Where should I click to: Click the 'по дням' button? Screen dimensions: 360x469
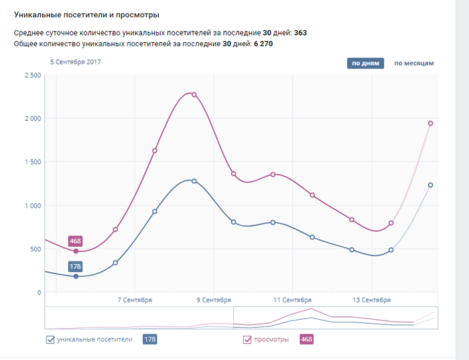[365, 64]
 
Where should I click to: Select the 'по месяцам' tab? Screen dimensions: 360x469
[414, 64]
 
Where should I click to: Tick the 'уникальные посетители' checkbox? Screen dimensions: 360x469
[50, 340]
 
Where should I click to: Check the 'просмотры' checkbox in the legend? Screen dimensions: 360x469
[247, 340]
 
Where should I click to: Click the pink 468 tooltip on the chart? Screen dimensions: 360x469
[76, 241]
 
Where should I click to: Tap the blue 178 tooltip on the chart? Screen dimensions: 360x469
[76, 266]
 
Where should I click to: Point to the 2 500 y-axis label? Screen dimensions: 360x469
[32, 75]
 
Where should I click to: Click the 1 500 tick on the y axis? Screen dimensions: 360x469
[32, 162]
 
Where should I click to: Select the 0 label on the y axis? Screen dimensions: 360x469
[39, 293]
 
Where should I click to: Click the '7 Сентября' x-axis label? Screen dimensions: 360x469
[135, 300]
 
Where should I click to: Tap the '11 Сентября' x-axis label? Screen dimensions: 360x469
[293, 300]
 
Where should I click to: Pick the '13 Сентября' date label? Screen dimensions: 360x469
[372, 300]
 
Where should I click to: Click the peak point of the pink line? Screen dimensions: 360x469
[194, 95]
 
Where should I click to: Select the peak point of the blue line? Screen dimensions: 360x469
[194, 181]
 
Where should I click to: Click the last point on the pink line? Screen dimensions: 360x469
[430, 123]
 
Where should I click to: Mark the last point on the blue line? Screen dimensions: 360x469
[430, 185]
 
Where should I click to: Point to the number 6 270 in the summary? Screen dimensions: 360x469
[263, 44]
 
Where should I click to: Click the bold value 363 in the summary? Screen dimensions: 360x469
[300, 32]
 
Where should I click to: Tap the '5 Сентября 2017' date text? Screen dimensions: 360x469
[76, 62]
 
